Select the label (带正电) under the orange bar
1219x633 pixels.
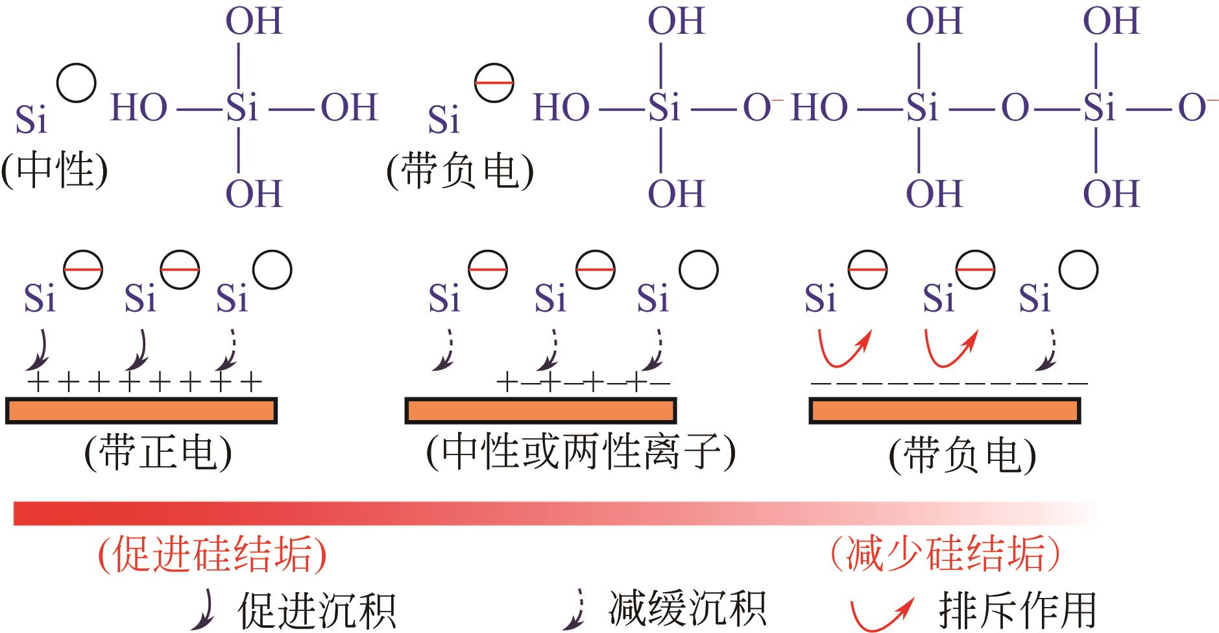pyautogui.click(x=158, y=452)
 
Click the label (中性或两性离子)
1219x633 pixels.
pyautogui.click(x=581, y=452)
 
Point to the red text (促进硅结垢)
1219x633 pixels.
pyautogui.click(x=212, y=554)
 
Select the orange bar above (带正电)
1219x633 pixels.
pyautogui.click(x=141, y=410)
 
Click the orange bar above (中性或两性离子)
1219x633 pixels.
pyautogui.click(x=541, y=410)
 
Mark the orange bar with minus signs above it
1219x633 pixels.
pyautogui.click(x=945, y=410)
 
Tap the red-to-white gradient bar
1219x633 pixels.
pyautogui.click(x=551, y=513)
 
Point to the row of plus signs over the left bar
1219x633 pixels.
pyautogui.click(x=144, y=382)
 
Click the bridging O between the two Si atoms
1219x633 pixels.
pyautogui.click(x=1015, y=108)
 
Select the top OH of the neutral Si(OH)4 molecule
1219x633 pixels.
pyautogui.click(x=254, y=21)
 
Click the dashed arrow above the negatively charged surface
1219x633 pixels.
pyautogui.click(x=1046, y=351)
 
